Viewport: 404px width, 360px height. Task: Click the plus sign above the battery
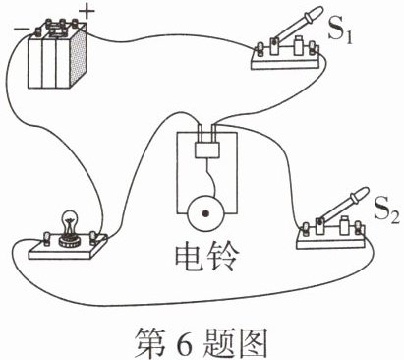pyautogui.click(x=87, y=12)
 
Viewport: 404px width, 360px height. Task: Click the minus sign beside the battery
pyautogui.click(x=21, y=29)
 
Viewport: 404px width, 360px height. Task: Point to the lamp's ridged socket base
pyautogui.click(x=70, y=242)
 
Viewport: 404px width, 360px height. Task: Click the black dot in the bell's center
pyautogui.click(x=205, y=214)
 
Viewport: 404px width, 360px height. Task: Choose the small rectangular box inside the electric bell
pyautogui.click(x=206, y=150)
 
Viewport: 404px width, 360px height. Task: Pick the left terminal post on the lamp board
pyautogui.click(x=47, y=238)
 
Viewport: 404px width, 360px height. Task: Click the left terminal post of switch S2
pyautogui.click(x=306, y=229)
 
